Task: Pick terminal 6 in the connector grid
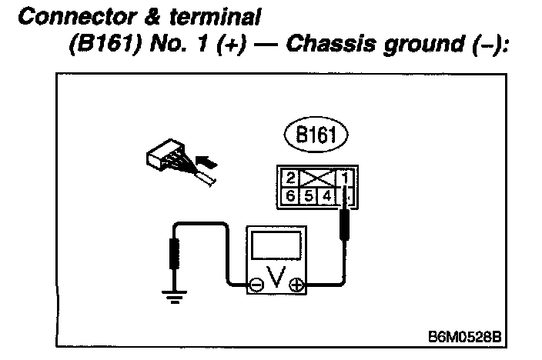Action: pos(290,196)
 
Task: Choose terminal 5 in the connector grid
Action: pos(309,196)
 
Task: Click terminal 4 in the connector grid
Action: pos(326,196)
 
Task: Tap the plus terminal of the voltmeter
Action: pos(295,285)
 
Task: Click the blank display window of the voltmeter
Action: pos(276,246)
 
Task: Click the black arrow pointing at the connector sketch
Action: pos(205,162)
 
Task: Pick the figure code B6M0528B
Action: pos(465,335)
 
